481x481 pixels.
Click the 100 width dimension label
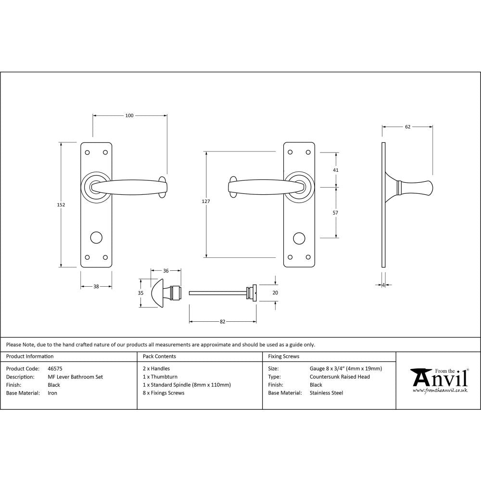click(x=129, y=115)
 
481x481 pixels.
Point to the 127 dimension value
click(x=206, y=202)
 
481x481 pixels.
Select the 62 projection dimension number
click(x=407, y=127)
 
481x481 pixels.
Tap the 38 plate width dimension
click(x=96, y=286)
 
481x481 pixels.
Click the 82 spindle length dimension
click(x=222, y=322)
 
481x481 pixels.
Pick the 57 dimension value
click(x=336, y=212)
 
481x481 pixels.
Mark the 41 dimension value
click(x=336, y=170)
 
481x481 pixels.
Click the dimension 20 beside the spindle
click(x=276, y=292)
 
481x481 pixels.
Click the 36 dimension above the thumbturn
click(x=166, y=271)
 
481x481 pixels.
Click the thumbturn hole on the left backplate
click(x=96, y=237)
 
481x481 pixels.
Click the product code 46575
click(x=55, y=369)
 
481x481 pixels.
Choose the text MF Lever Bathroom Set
click(x=75, y=377)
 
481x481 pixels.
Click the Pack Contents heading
click(x=159, y=356)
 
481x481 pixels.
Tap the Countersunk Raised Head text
click(x=340, y=377)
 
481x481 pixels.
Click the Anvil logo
click(x=439, y=380)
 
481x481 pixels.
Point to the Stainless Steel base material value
click(x=326, y=393)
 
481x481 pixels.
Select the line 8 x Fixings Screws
click(x=164, y=393)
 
